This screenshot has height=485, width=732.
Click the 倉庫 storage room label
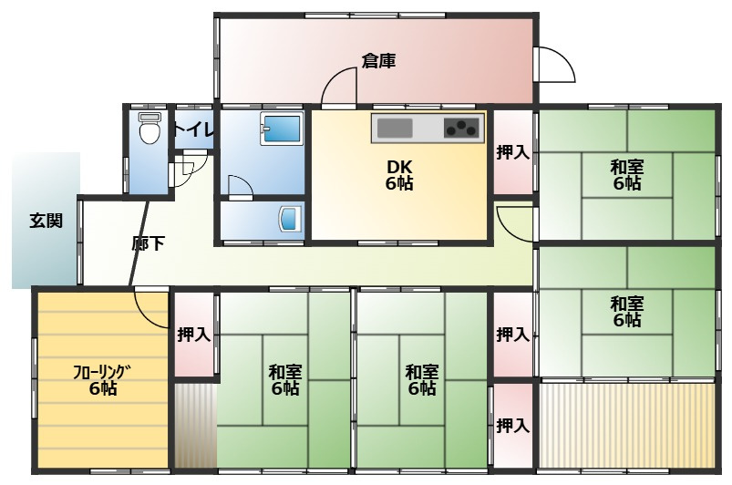[x=378, y=62]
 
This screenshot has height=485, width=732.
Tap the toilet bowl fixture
[x=149, y=130]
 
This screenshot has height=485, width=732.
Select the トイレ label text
[x=192, y=129]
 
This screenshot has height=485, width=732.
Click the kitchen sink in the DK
[x=396, y=129]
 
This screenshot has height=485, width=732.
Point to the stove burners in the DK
[x=461, y=129]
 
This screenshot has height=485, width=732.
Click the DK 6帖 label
[x=398, y=174]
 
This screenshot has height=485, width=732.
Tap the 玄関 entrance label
[x=46, y=220]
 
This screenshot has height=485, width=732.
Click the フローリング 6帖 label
[x=102, y=378]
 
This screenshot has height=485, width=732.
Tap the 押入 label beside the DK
[x=512, y=152]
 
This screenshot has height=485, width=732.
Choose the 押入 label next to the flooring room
[x=194, y=335]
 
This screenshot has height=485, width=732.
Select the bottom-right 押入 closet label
[x=512, y=425]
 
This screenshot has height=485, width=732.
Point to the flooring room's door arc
[x=153, y=308]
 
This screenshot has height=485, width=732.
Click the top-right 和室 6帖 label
[x=626, y=174]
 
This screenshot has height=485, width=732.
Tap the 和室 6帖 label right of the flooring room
[x=285, y=379]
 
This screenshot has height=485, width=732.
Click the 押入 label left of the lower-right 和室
[x=512, y=335]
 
